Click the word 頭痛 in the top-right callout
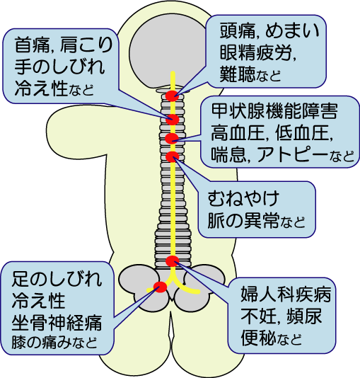pos(237,31)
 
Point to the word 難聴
pos(237,74)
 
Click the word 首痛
pos(32,45)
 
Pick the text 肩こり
pos(86,45)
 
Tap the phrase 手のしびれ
pos(59,67)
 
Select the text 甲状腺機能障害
pos(274,111)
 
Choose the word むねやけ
pos(243,198)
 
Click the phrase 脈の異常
pos(243,220)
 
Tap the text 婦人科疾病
pos(286,294)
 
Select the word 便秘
pos(258,337)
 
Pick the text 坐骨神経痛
pos(57,322)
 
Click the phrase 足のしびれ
pos(57,279)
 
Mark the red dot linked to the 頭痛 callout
pos(172,96)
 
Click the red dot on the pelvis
pos(161,287)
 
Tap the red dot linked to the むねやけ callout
pos(173,156)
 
